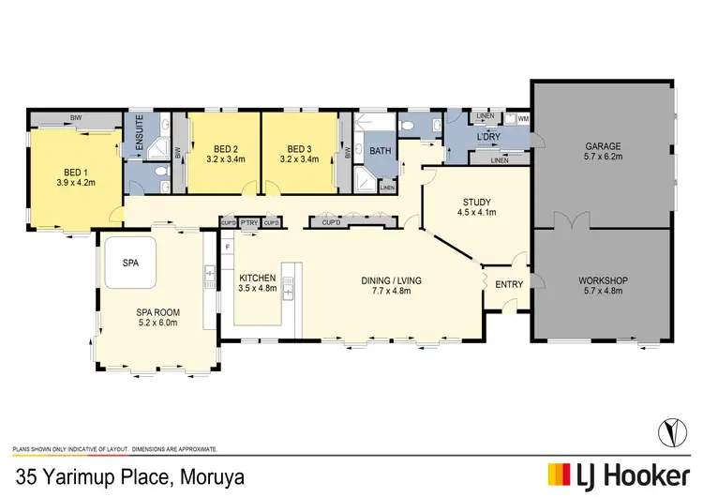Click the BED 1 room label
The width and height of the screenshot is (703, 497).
[74, 172]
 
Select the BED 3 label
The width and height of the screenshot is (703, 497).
[299, 149]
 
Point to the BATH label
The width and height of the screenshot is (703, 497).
[380, 150]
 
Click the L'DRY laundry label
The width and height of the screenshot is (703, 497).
[486, 138]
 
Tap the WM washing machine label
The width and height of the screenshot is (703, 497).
[522, 119]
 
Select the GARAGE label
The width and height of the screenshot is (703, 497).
[603, 146]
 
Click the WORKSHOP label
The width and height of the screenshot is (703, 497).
[603, 280]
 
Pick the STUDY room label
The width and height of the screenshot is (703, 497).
[477, 202]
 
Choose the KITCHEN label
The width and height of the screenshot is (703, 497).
[257, 279]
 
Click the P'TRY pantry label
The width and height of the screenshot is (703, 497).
[249, 222]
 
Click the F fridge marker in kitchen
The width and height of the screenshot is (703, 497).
[228, 245]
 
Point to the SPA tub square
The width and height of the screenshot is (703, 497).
[130, 264]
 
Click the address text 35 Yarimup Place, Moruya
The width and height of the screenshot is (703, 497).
[127, 476]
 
